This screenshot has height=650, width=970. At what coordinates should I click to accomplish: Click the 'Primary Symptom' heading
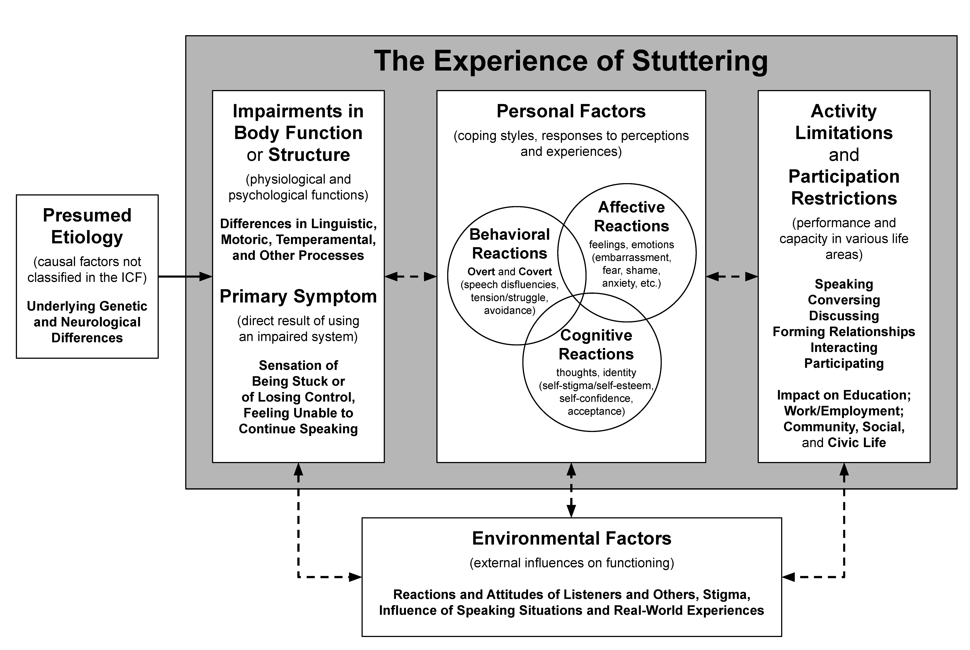(x=298, y=296)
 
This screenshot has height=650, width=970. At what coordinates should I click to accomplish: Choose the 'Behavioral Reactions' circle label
(x=509, y=244)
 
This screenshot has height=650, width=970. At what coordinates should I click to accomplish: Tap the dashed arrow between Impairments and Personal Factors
(x=410, y=276)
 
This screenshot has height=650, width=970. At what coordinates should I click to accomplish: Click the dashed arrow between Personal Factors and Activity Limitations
(x=732, y=276)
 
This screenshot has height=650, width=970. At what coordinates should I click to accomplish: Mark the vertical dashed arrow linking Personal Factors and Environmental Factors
(x=571, y=490)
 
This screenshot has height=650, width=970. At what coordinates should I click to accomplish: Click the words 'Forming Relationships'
(x=844, y=332)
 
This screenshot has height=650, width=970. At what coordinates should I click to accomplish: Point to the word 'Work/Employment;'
(x=844, y=411)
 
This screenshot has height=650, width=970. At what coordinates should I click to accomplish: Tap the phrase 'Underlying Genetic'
(x=87, y=306)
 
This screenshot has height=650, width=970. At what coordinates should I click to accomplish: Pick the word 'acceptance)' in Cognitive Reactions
(x=596, y=411)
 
